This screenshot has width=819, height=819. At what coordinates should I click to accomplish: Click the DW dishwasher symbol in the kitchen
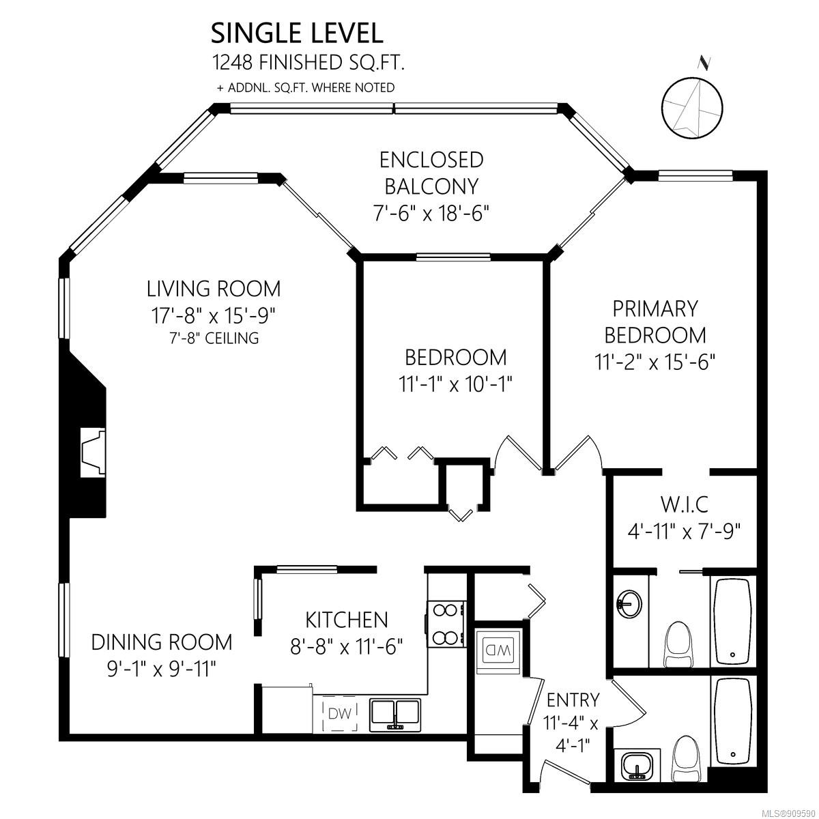pyautogui.click(x=340, y=714)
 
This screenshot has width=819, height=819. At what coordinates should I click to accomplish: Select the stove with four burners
pyautogui.click(x=446, y=624)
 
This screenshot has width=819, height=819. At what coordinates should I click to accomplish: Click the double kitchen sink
pyautogui.click(x=395, y=715)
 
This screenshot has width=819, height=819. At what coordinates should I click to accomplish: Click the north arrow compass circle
pyautogui.click(x=692, y=108)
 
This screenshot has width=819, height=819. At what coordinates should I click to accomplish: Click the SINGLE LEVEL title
pyautogui.click(x=297, y=33)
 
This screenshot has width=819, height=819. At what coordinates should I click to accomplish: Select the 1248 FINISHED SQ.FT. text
pyautogui.click(x=308, y=63)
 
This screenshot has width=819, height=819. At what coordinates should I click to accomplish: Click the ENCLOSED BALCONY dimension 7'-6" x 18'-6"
pyautogui.click(x=431, y=213)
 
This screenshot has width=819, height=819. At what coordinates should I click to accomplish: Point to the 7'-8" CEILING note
pyautogui.click(x=214, y=338)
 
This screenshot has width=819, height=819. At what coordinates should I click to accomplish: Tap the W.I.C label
pyautogui.click(x=685, y=504)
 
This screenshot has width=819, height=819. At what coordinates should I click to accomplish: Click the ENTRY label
pyautogui.click(x=573, y=700)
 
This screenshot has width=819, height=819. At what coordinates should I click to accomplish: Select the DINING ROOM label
pyautogui.click(x=162, y=642)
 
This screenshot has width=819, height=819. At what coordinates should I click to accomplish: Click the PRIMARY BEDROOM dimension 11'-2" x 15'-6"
pyautogui.click(x=655, y=362)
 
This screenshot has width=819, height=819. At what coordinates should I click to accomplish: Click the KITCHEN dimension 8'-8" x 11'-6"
pyautogui.click(x=347, y=647)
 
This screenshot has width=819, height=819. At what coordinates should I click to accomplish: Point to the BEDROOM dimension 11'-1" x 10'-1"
pyautogui.click(x=455, y=385)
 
